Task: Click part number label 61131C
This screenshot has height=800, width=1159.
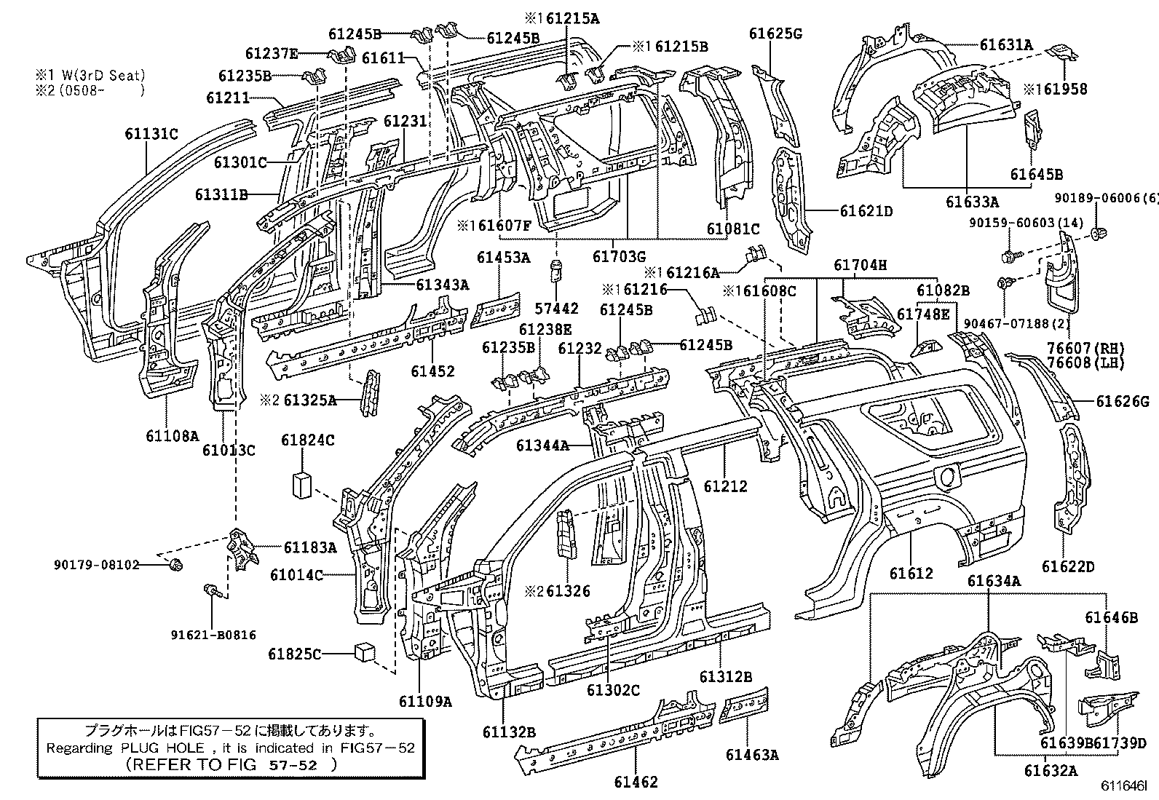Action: [151, 133]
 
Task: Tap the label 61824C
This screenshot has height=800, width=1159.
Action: [307, 440]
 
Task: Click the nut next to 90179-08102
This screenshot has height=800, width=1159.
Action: [175, 564]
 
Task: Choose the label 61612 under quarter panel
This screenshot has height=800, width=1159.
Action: [910, 574]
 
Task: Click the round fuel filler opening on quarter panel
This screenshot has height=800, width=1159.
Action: [947, 478]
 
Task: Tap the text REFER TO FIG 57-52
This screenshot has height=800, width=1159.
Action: [231, 765]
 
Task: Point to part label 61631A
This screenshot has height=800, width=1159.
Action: [1005, 45]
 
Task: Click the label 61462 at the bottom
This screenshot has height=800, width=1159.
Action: [635, 783]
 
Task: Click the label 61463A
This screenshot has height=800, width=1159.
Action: [751, 755]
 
